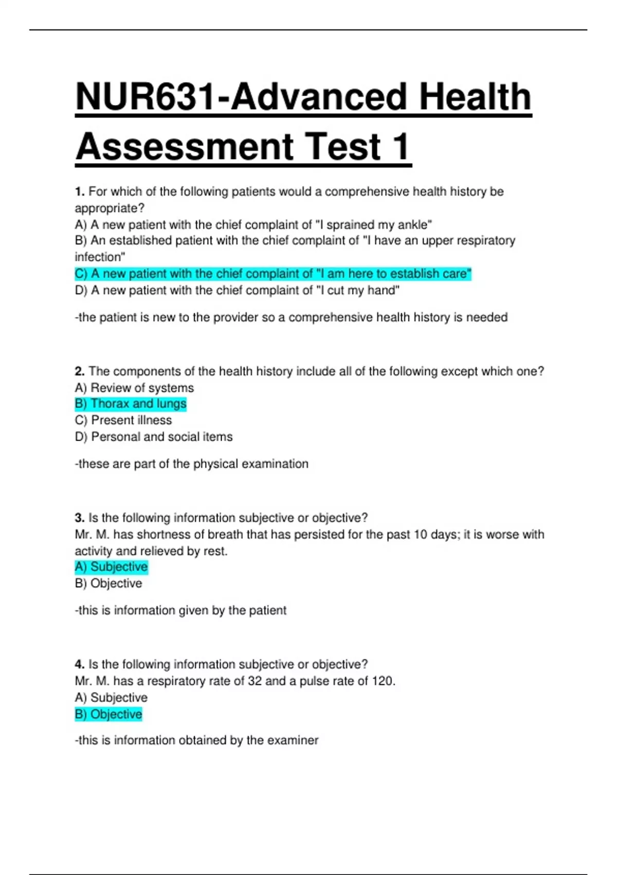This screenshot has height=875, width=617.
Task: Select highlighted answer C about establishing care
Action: (273, 274)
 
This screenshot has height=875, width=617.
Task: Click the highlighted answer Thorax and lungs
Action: (131, 404)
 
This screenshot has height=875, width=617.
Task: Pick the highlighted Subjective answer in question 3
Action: (111, 567)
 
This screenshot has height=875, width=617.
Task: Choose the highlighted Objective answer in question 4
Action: (108, 714)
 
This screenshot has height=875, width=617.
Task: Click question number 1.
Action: (79, 192)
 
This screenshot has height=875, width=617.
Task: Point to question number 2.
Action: (79, 372)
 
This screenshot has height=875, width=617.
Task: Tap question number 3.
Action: (79, 518)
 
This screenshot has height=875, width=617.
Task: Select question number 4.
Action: (79, 664)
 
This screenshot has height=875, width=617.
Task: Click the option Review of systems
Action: (134, 388)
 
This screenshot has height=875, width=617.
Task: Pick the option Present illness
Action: (123, 421)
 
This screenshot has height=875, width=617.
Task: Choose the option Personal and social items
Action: (154, 437)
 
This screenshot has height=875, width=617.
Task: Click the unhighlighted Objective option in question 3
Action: (108, 584)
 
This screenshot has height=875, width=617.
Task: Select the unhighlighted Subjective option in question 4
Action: (111, 698)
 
